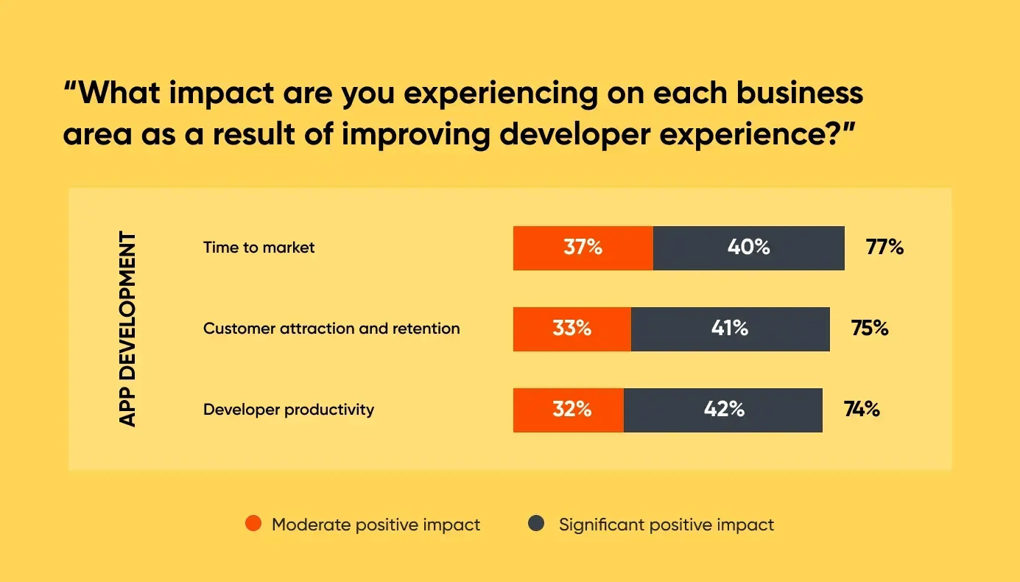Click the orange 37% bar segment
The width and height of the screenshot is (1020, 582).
click(x=583, y=248)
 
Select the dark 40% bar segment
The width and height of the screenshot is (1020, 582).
click(x=748, y=248)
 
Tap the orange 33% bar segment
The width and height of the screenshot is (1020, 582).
click(x=571, y=329)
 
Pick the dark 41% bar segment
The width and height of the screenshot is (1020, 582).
click(x=730, y=329)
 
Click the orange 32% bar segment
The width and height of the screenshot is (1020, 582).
click(x=568, y=410)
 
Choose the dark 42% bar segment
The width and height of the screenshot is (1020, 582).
click(x=723, y=410)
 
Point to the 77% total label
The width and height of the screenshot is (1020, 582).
click(x=884, y=248)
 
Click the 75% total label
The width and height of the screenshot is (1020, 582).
click(x=870, y=329)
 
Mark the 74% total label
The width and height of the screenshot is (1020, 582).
click(x=862, y=410)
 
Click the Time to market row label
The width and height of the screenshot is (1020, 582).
click(x=258, y=248)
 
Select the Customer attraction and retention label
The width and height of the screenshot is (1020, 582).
click(x=331, y=329)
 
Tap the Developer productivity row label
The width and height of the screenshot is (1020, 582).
click(x=289, y=410)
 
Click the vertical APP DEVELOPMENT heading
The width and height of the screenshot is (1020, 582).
click(x=128, y=329)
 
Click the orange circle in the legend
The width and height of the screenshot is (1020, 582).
click(x=253, y=525)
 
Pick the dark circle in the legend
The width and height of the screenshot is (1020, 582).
click(x=536, y=525)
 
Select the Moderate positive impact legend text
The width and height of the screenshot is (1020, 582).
click(x=376, y=525)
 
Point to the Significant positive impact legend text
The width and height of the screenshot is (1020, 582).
click(x=666, y=525)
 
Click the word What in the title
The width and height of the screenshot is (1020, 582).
click(x=117, y=94)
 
